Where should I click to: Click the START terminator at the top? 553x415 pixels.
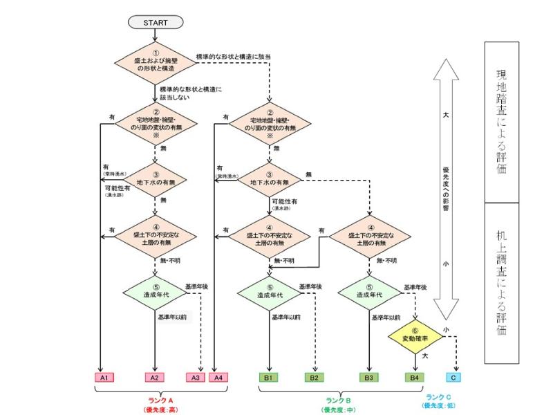156,22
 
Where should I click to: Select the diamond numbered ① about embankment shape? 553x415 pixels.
156,65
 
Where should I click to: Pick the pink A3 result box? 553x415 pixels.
196,378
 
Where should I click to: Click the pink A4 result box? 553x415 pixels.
218,378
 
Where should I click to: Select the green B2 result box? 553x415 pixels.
315,378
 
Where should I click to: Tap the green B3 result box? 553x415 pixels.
368,378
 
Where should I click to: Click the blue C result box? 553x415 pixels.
453,378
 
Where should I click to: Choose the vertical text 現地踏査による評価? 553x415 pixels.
501,121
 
